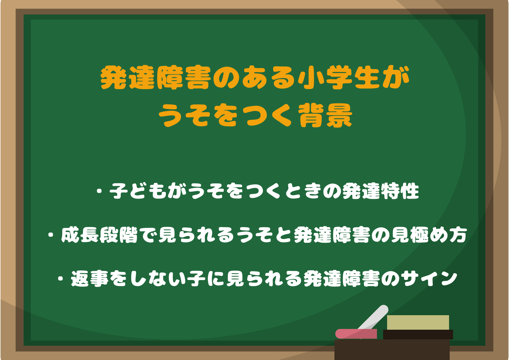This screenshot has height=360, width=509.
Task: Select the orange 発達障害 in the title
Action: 156,77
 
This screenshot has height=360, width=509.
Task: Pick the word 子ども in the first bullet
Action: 138,191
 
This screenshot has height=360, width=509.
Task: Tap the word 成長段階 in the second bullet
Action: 99,235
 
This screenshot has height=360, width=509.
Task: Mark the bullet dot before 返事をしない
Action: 61,279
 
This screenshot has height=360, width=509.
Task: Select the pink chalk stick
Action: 356,334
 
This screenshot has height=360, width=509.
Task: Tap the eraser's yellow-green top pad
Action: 418,322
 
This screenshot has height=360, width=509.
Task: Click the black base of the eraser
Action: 418,335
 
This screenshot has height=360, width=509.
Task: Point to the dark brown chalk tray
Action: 392,350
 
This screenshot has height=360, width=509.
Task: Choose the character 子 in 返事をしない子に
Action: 196,279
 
